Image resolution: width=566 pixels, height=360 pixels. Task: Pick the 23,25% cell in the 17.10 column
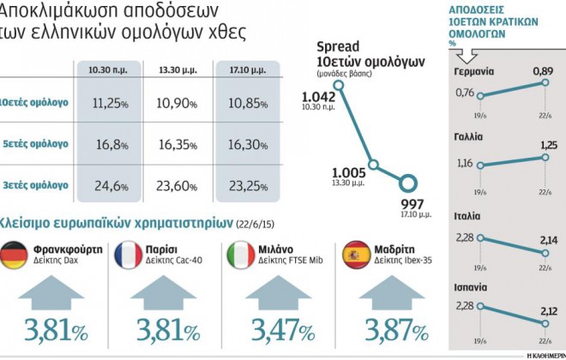249,184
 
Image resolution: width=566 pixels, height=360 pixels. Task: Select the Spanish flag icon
357,255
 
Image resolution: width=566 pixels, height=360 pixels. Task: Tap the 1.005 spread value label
347,171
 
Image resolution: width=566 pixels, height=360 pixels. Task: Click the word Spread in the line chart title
337,46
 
